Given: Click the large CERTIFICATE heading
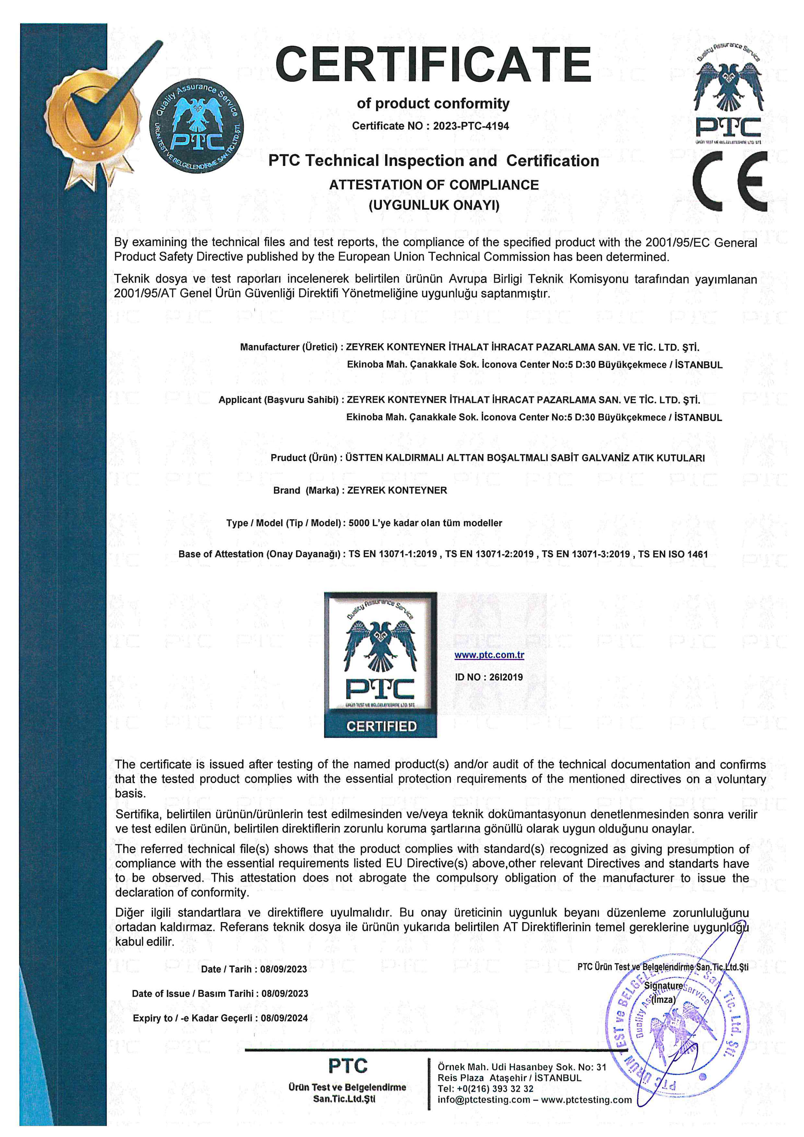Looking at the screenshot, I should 433,64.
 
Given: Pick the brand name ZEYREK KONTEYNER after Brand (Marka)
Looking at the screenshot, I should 397,490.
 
